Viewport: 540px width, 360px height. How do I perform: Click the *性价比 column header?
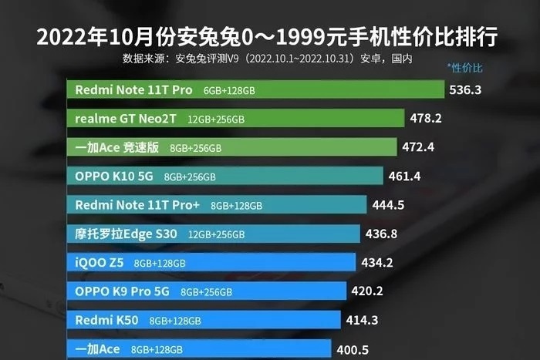[464, 67]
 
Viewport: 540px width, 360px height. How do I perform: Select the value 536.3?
[465, 89]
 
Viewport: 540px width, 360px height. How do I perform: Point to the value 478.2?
[426, 119]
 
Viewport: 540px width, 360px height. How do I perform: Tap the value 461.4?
[404, 177]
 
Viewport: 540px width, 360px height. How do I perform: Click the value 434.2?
[377, 262]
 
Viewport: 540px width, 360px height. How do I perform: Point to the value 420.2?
[366, 291]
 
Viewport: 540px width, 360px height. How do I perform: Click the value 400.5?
[351, 348]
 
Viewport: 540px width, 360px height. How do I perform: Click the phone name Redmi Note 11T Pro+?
[137, 205]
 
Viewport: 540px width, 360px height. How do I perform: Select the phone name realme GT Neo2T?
[127, 119]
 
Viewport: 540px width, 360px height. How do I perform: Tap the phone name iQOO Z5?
[99, 262]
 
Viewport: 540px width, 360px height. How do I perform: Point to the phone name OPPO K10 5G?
[114, 177]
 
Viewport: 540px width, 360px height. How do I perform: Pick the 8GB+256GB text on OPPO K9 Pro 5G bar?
[207, 292]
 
